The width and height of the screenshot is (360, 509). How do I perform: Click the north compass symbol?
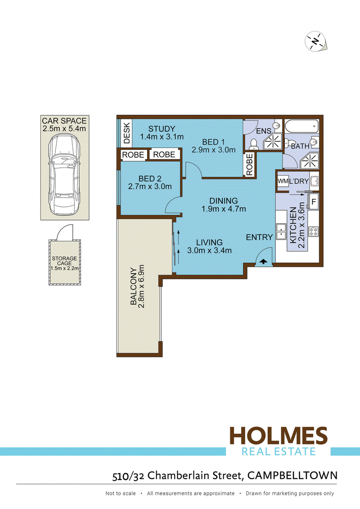pyautogui.click(x=315, y=41)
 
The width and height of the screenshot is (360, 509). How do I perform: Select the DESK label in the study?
pyautogui.click(x=126, y=133)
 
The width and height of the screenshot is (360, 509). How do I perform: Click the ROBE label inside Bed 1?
pyautogui.click(x=249, y=165)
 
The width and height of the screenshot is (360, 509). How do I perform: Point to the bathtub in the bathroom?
pyautogui.click(x=301, y=126)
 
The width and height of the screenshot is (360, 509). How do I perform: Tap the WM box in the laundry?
pyautogui.click(x=283, y=181)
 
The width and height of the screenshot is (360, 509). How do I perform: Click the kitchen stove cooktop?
pyautogui.click(x=313, y=231)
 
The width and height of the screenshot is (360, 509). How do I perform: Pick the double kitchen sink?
pyautogui.click(x=280, y=231)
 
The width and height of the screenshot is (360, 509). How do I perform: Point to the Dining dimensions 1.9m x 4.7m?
pyautogui.click(x=224, y=209)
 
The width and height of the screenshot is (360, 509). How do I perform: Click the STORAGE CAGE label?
pyautogui.click(x=64, y=261)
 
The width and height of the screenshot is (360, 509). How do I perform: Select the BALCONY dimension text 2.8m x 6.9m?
pyautogui.click(x=141, y=286)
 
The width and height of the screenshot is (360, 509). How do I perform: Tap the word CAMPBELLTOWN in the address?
pyautogui.click(x=292, y=476)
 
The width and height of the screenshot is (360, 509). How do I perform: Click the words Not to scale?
pyautogui.click(x=121, y=493)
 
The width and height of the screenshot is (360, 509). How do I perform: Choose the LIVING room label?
pyautogui.click(x=209, y=242)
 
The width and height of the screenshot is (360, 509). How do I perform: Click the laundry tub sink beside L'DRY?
pyautogui.click(x=314, y=181)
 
